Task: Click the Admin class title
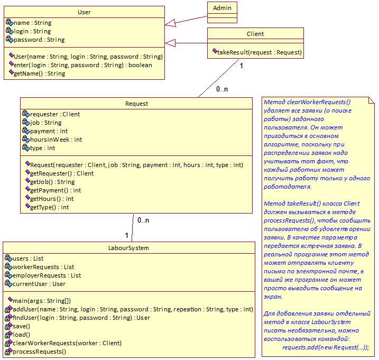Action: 222,8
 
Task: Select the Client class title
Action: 255,34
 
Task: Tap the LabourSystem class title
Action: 128,248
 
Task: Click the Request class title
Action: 136,104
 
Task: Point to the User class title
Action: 84,12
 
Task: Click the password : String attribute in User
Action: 39,40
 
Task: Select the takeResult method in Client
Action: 260,52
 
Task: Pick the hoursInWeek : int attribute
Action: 56,140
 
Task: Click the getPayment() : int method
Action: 56,190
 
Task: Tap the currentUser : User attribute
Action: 39,284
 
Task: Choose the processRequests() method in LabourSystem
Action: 40,352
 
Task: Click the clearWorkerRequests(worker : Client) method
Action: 67,343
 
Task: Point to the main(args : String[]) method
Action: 42,301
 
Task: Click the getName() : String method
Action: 40,73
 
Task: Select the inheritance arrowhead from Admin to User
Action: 170,23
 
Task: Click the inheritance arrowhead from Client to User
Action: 170,43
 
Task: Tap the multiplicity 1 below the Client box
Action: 241,66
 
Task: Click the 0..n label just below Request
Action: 143,220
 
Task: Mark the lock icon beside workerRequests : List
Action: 8,266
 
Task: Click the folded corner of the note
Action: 372,100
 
